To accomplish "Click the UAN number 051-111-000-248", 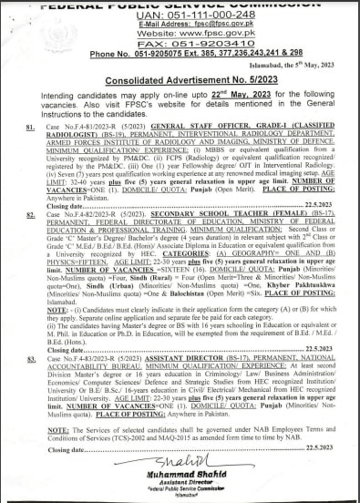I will (x=207, y=17).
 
